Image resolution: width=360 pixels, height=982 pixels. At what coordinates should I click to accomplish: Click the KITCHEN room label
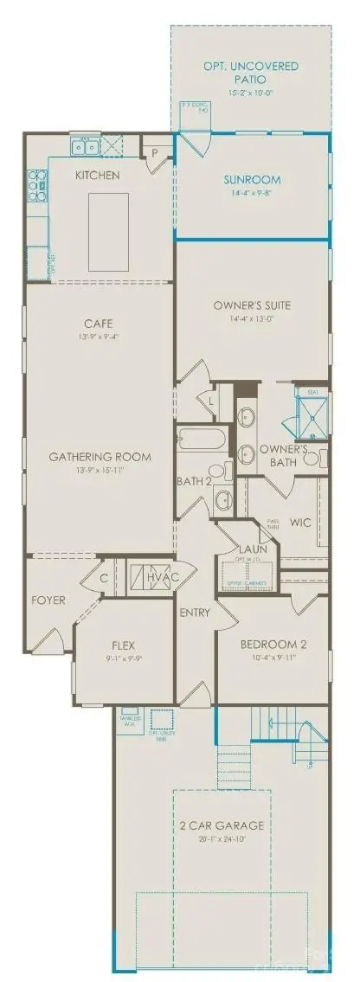coord(97,176)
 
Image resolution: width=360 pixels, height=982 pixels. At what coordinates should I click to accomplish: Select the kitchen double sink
coord(87,148)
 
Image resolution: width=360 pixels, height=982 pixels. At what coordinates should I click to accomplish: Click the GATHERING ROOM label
coord(100,457)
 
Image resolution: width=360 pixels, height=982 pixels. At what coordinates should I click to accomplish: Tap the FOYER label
coord(48,600)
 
